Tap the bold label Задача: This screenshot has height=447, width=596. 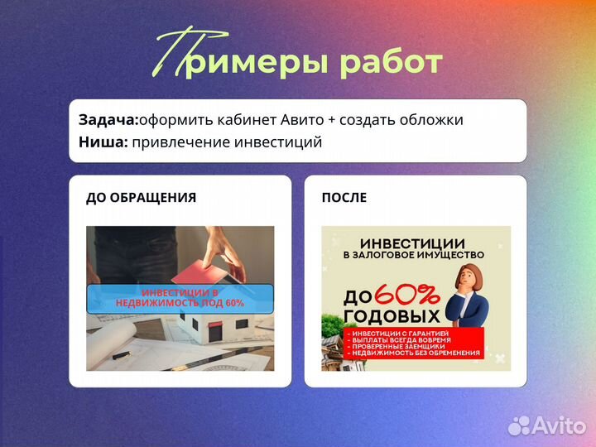(x=108, y=120)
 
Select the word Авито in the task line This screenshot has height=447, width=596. (x=302, y=120)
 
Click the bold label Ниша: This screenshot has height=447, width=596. (x=103, y=142)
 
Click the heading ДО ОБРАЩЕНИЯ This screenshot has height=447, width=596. (x=141, y=198)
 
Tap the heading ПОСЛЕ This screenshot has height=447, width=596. (x=344, y=198)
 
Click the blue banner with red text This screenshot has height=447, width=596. (x=180, y=298)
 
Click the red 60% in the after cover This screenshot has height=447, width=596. (x=406, y=295)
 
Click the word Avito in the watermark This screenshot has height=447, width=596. (x=558, y=425)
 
